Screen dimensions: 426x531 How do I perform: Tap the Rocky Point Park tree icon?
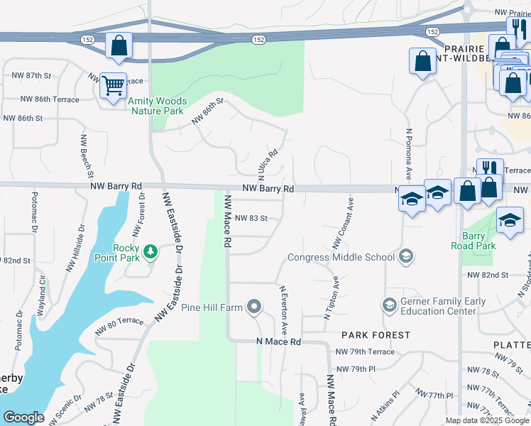point(150,251)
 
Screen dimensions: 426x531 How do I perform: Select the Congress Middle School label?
point(341,257)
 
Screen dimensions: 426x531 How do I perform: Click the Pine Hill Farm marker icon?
point(255,307)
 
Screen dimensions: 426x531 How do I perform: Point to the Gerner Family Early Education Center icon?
point(388,305)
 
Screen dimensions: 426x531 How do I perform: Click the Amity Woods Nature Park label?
point(155,106)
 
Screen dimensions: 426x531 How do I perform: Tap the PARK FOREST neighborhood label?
point(376,334)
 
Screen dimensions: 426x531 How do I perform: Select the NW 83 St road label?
point(251,218)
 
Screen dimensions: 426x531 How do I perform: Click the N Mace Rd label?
point(278,342)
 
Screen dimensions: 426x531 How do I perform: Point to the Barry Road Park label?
point(473,241)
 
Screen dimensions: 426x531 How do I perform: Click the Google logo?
point(23,417)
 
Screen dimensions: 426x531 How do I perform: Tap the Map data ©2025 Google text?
point(487,420)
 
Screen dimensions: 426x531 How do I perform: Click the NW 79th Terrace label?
point(365,352)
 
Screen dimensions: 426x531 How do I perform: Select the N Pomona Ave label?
point(409,153)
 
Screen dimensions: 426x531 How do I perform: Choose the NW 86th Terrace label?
point(50,99)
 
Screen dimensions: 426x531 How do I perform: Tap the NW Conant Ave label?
point(343,223)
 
